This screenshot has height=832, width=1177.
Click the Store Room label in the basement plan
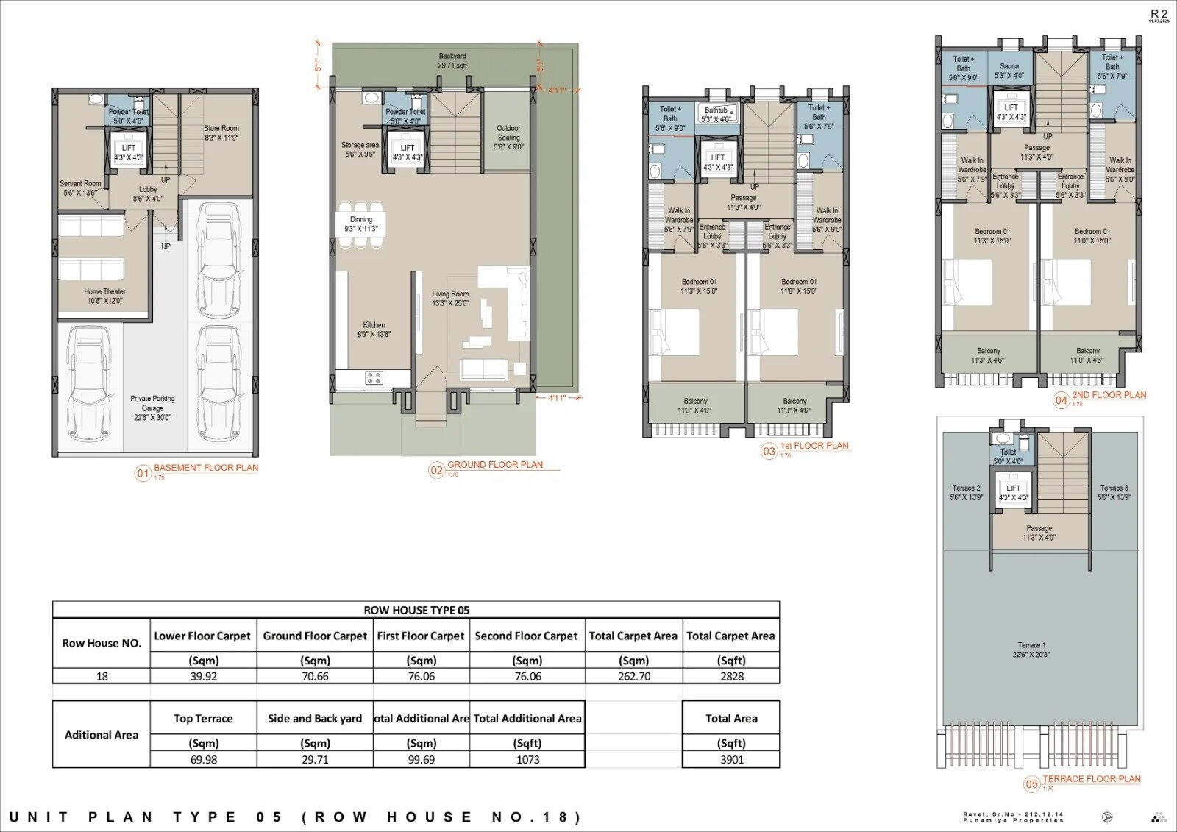pyautogui.click(x=221, y=132)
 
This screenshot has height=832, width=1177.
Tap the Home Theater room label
pyautogui.click(x=104, y=296)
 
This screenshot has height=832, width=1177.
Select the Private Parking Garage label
pyautogui.click(x=152, y=408)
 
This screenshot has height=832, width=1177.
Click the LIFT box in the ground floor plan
pyautogui.click(x=408, y=152)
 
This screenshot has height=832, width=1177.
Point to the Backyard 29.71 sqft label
pyautogui.click(x=452, y=60)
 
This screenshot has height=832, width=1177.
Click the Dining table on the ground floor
pyautogui.click(x=360, y=224)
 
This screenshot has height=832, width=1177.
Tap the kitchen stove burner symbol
pyautogui.click(x=374, y=378)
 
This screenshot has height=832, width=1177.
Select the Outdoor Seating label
pyautogui.click(x=508, y=137)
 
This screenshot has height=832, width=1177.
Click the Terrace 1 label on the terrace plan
pyautogui.click(x=1031, y=649)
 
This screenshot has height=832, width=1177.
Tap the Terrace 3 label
pyautogui.click(x=1114, y=492)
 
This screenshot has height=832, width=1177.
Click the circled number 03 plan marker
pyautogui.click(x=769, y=452)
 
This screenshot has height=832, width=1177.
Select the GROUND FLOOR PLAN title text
pyautogui.click(x=495, y=465)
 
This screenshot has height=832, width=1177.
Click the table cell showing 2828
pyautogui.click(x=731, y=676)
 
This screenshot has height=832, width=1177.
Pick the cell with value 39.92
pyautogui.click(x=203, y=676)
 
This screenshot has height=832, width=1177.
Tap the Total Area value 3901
pyautogui.click(x=731, y=759)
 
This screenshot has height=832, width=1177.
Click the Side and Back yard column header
pyautogui.click(x=315, y=719)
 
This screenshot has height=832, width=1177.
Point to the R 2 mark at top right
pyautogui.click(x=1159, y=14)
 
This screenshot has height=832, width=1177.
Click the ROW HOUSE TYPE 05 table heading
pyautogui.click(x=416, y=610)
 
